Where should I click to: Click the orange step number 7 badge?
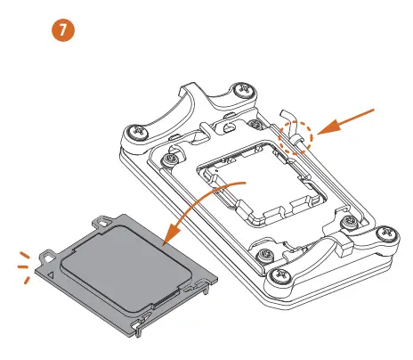(64, 30)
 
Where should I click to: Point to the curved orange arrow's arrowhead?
(169, 241)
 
